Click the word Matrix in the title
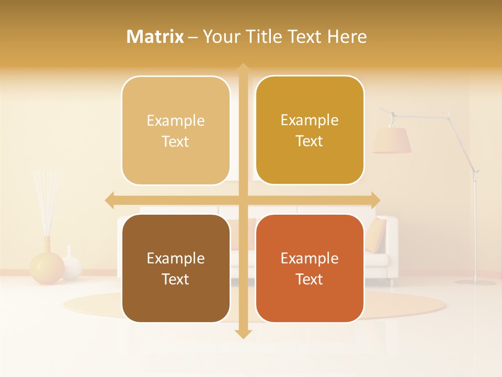click(x=155, y=37)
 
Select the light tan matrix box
click(x=176, y=130)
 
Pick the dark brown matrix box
click(x=176, y=268)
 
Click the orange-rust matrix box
click(x=310, y=268)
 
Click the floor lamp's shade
click(x=392, y=140)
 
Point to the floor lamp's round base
click(x=475, y=282)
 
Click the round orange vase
click(x=47, y=267)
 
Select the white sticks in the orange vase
click(x=46, y=202)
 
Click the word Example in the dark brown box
click(x=176, y=258)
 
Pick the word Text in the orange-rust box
click(x=310, y=279)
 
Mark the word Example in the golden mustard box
click(x=310, y=120)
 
